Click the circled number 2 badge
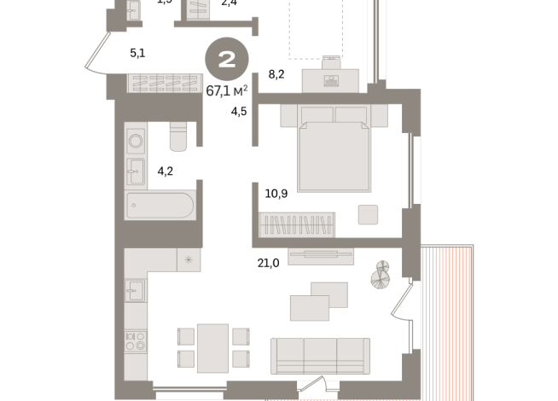(x=227, y=60)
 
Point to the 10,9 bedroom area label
(x=276, y=194)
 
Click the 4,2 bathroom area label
(x=166, y=171)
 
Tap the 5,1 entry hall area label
(x=137, y=53)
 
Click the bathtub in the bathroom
(x=160, y=206)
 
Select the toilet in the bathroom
(x=177, y=137)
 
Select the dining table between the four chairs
(x=212, y=348)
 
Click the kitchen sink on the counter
(x=135, y=292)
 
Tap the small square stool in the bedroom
(x=369, y=213)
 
